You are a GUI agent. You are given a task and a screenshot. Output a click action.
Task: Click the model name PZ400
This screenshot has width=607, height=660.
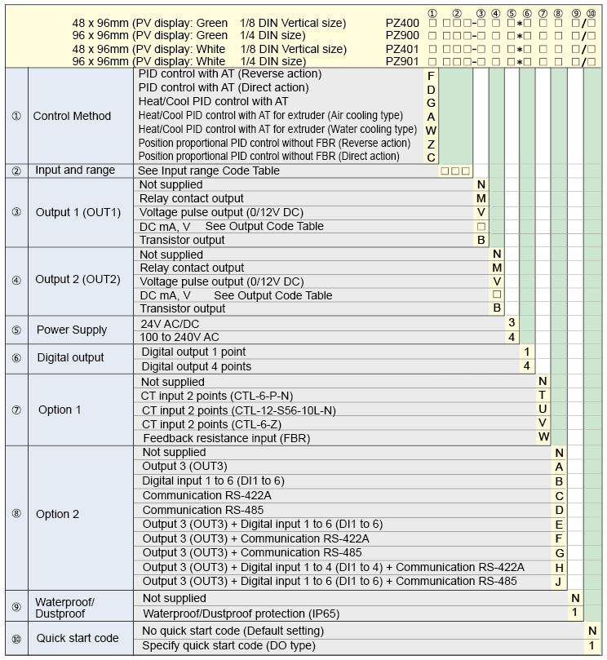click(402, 24)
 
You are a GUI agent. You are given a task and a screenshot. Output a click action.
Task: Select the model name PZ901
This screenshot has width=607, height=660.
click(402, 61)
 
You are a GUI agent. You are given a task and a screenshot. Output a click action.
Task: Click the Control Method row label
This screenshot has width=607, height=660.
click(72, 116)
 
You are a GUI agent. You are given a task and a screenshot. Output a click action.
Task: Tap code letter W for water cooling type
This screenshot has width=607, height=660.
click(431, 130)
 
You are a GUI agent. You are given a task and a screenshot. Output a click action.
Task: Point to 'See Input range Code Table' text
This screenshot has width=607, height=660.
click(209, 171)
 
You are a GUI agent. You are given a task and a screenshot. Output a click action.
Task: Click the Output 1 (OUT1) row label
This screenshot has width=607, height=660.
click(78, 212)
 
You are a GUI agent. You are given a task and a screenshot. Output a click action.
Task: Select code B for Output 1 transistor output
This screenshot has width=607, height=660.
click(481, 240)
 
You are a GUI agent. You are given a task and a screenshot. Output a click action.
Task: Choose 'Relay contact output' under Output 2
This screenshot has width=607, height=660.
click(192, 268)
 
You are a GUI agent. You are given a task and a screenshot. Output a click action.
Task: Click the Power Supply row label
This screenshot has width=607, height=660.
click(72, 330)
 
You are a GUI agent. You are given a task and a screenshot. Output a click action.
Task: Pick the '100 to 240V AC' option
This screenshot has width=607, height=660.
click(180, 337)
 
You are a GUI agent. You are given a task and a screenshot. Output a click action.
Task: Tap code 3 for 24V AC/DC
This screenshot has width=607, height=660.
click(512, 323)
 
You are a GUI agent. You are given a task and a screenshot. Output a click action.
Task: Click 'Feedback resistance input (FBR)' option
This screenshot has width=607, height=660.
click(226, 438)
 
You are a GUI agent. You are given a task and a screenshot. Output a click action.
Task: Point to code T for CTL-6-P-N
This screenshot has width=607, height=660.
click(543, 395)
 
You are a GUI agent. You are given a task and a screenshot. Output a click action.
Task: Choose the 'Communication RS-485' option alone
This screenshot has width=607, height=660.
click(195, 510)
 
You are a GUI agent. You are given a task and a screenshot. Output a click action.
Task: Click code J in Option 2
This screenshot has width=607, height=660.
click(559, 582)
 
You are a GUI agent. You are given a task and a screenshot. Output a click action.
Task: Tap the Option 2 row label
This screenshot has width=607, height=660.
click(58, 514)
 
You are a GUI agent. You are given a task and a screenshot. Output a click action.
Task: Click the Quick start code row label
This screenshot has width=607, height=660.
click(78, 638)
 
